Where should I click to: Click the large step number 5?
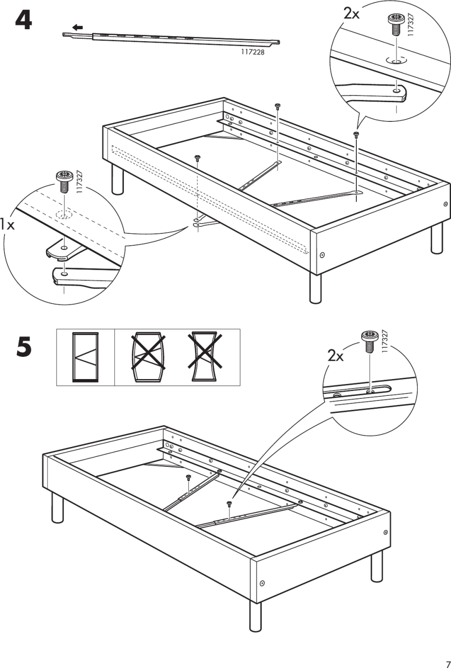coord(23,347)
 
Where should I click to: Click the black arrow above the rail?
coord(77,27)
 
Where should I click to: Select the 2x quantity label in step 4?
coord(351,14)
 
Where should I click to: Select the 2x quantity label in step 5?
coord(336,355)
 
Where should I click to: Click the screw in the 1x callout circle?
coord(63,181)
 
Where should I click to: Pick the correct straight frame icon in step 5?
coord(86,357)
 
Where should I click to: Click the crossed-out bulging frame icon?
coord(148,357)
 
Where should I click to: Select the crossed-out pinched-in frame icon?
coord(203,357)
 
